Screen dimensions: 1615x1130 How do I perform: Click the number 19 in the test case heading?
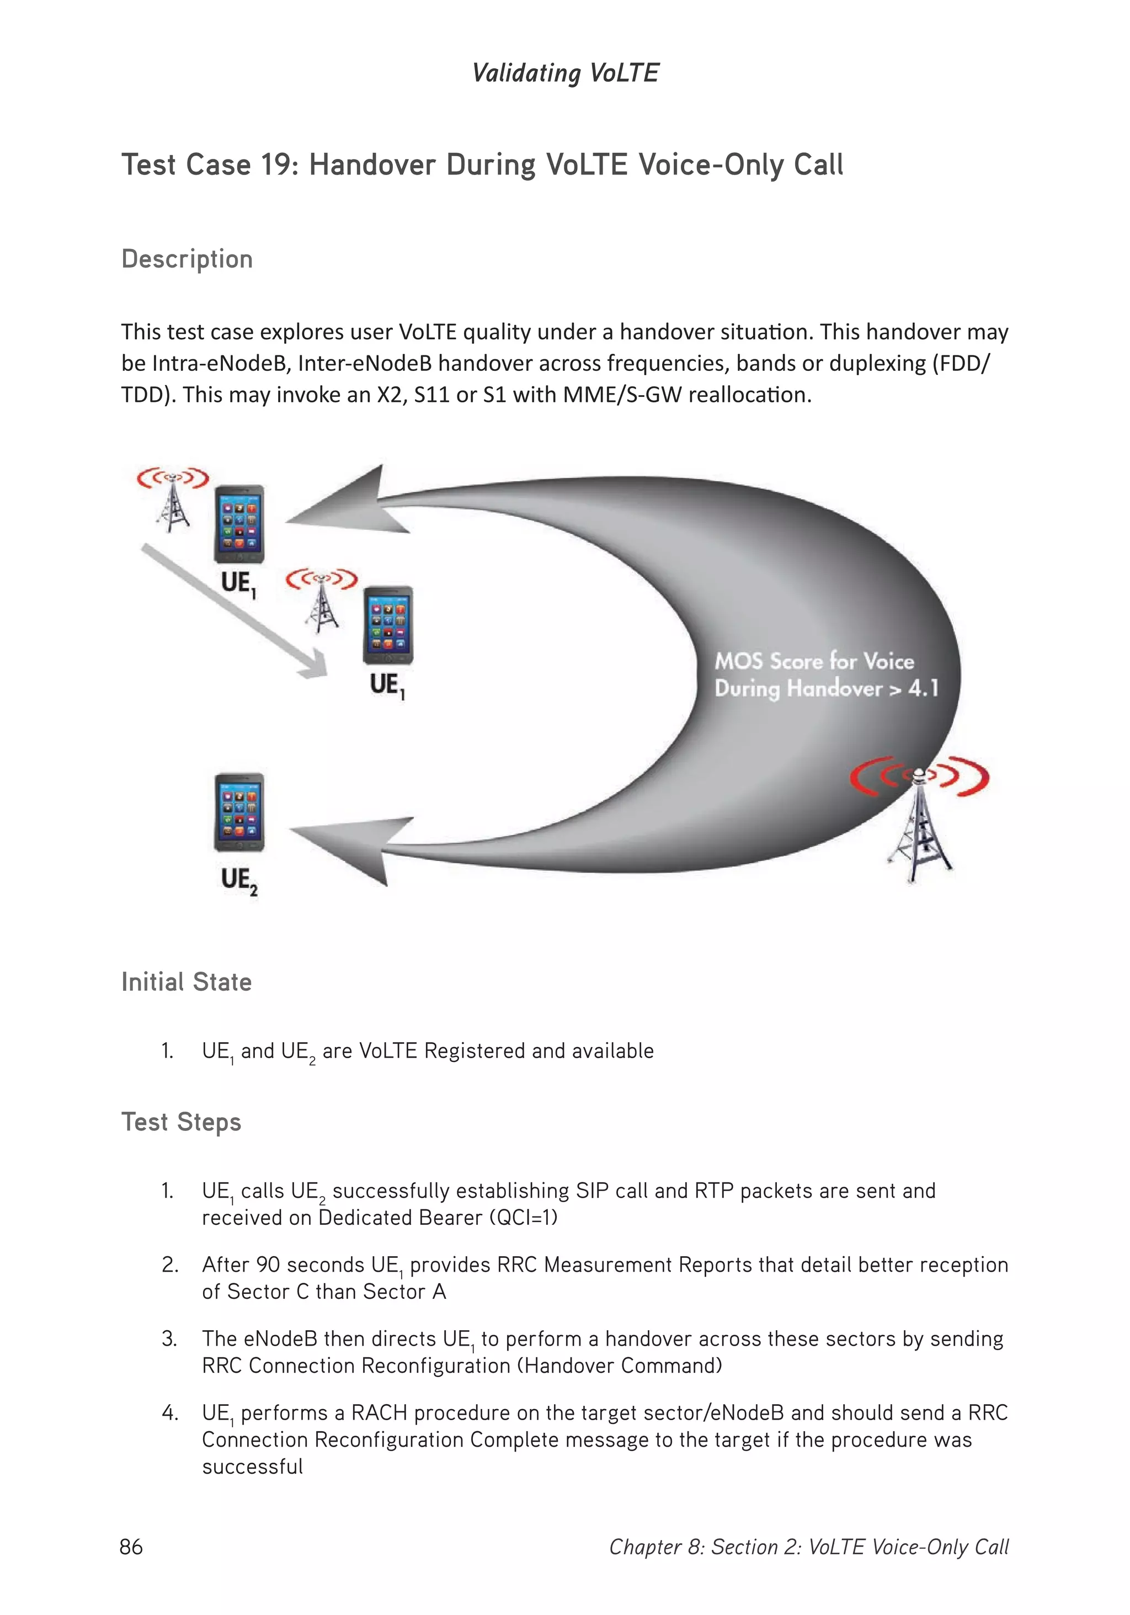[279, 164]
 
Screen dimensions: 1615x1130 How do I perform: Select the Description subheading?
[186, 259]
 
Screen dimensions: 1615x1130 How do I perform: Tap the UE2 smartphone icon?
[239, 812]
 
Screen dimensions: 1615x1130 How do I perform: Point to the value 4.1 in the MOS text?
[923, 688]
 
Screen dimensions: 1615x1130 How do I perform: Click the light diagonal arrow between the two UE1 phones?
[232, 610]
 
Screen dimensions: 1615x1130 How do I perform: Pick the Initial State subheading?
[186, 982]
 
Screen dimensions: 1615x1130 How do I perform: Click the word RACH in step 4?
[379, 1412]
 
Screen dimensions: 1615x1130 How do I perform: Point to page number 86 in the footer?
[131, 1547]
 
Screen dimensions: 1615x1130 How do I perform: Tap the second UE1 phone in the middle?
[387, 625]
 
